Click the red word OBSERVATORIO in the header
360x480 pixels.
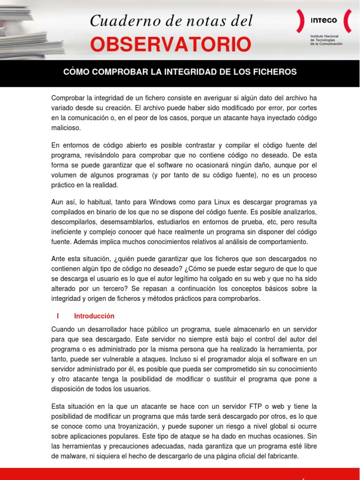(170, 45)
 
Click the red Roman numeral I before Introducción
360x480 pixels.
(57, 316)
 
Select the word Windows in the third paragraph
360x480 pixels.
(166, 202)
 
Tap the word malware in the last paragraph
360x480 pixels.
(71, 456)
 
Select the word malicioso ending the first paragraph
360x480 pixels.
(66, 127)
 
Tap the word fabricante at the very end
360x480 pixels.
(282, 456)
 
